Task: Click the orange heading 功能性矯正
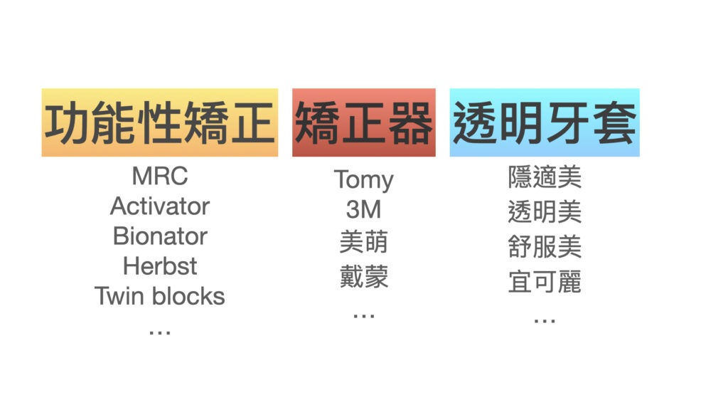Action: (x=160, y=122)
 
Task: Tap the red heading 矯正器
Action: (x=363, y=122)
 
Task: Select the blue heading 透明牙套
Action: (x=544, y=122)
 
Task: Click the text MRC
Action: (x=160, y=177)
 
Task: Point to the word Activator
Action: (x=160, y=206)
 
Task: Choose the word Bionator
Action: (x=160, y=236)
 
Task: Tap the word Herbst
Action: (x=160, y=266)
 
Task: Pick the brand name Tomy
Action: (x=363, y=180)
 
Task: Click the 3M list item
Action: (x=363, y=209)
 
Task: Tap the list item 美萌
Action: (x=363, y=242)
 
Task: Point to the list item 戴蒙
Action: (x=363, y=277)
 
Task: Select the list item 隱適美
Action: (x=544, y=177)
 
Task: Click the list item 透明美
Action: (x=544, y=212)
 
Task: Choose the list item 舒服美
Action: (x=544, y=247)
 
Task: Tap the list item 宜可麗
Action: (x=544, y=282)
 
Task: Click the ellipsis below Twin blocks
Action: (x=160, y=332)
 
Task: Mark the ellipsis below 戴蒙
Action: (x=363, y=316)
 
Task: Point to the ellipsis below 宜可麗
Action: (x=544, y=321)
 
